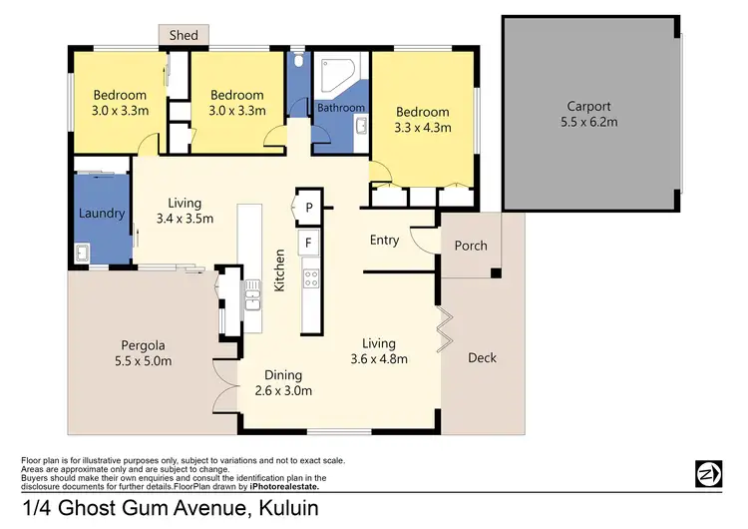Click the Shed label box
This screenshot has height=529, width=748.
click(x=184, y=35)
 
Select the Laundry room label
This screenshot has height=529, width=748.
click(x=102, y=214)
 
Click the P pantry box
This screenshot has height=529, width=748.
click(x=309, y=208)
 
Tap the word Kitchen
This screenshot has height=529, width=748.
click(x=281, y=269)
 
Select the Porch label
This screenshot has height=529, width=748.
click(x=471, y=246)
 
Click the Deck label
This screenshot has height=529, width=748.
click(x=481, y=357)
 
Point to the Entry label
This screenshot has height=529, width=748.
click(x=384, y=240)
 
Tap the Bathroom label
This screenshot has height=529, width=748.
click(x=341, y=108)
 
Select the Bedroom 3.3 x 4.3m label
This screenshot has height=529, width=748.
click(x=422, y=120)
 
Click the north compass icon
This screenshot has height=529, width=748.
click(x=707, y=472)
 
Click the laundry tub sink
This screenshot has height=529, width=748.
click(x=87, y=252)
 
